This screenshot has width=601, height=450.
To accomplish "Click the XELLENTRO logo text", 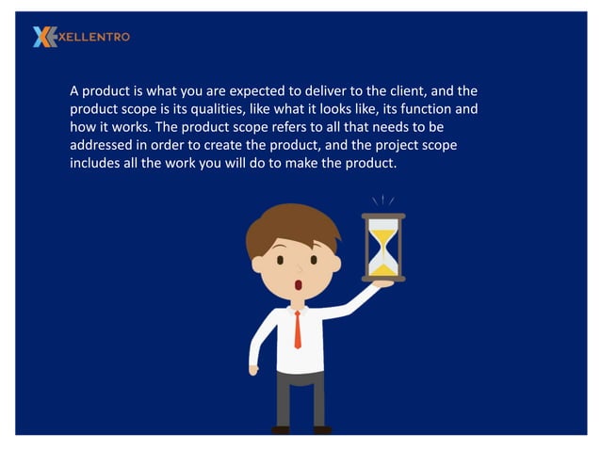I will tap(94, 37).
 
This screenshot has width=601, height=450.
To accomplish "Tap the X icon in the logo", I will tap(43, 37).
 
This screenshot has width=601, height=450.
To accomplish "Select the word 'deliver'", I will tap(318, 91).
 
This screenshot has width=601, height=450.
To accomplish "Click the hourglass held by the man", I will tap(382, 247).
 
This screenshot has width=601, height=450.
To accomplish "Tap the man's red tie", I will tap(298, 329).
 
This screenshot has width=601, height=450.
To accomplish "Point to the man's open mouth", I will tap(299, 284).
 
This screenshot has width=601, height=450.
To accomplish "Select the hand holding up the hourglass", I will tap(382, 282).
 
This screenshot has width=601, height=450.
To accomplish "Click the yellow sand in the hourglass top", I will tap(382, 233).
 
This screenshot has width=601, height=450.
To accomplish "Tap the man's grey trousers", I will tap(300, 400).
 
